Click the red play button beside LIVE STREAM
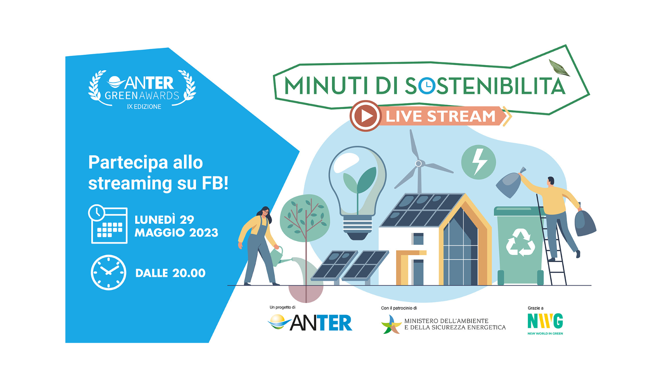point(366,116)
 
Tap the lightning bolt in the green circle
point(479,162)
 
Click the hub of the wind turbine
point(418,163)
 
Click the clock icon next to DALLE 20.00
point(108,273)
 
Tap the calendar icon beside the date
point(108,224)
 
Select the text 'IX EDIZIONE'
point(144,107)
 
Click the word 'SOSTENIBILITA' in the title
point(485,86)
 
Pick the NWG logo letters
point(545,321)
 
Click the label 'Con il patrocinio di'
point(399,308)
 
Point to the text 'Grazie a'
point(535,308)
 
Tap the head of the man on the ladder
point(551,181)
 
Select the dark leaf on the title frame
point(559,68)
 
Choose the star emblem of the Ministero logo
point(391,324)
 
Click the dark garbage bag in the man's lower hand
point(585,223)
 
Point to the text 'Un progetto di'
point(283,307)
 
